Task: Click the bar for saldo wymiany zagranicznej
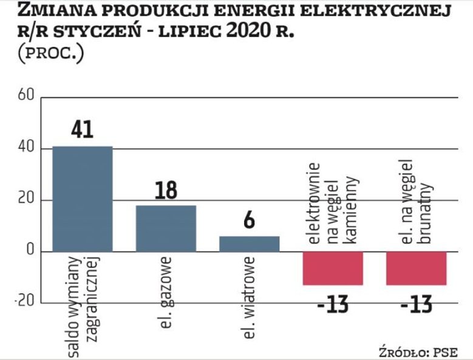pyautogui.click(x=83, y=199)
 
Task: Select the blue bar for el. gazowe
pyautogui.click(x=166, y=228)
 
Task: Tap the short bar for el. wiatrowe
pyautogui.click(x=249, y=243)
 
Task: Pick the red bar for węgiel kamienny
pyautogui.click(x=333, y=268)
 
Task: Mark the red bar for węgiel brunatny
pyautogui.click(x=417, y=268)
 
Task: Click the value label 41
pyautogui.click(x=82, y=129)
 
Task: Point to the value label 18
pyautogui.click(x=165, y=189)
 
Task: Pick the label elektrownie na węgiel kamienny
pyautogui.click(x=333, y=203)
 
